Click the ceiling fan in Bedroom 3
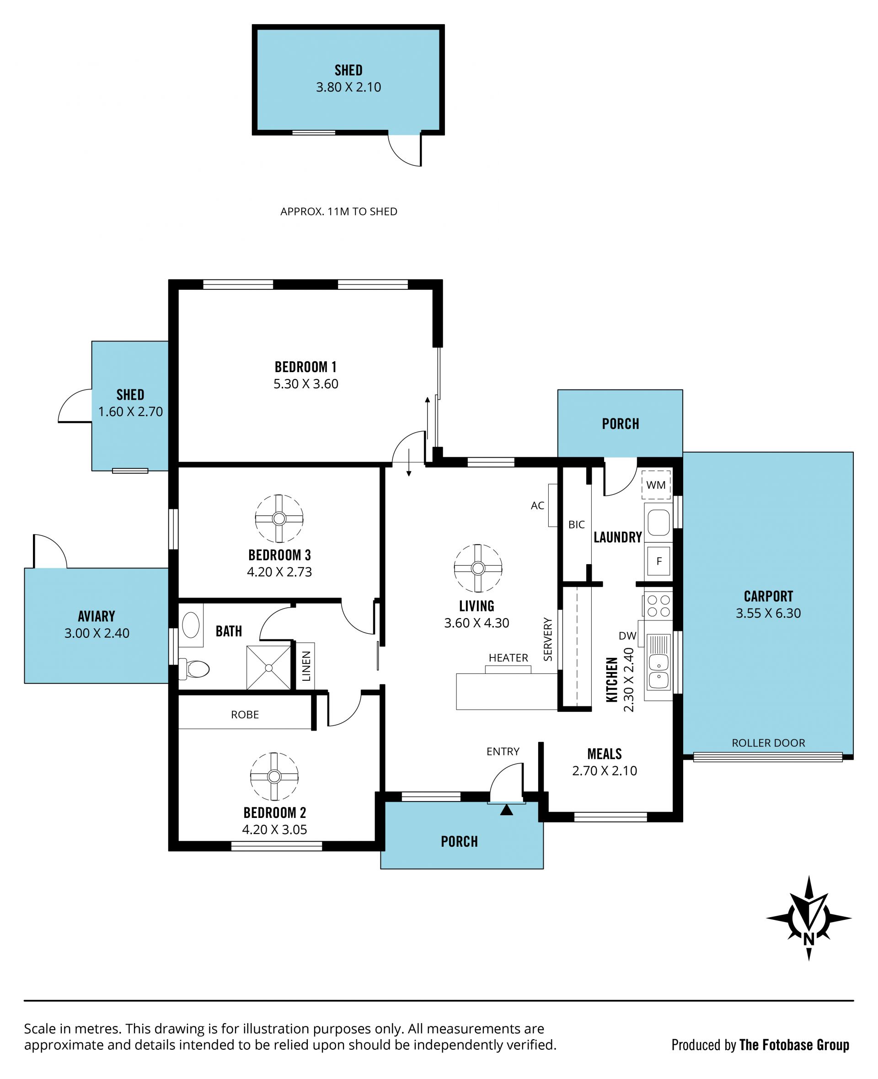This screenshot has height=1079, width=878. click(x=279, y=519)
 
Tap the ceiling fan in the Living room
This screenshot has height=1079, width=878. click(x=478, y=568)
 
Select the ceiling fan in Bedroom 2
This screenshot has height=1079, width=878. click(x=274, y=776)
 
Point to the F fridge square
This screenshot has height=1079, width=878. click(x=658, y=561)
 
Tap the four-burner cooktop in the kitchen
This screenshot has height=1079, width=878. click(x=658, y=606)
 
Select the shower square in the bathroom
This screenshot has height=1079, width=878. click(x=268, y=668)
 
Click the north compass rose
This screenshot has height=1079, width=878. click(x=808, y=918)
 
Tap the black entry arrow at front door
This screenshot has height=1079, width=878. click(x=507, y=810)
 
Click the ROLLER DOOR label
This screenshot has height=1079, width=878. click(x=768, y=743)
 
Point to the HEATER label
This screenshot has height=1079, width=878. click(x=509, y=658)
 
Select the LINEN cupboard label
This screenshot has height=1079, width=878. click(x=306, y=666)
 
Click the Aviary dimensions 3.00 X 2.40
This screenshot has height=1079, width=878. click(x=96, y=633)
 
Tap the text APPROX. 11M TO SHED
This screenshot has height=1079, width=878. click(x=339, y=211)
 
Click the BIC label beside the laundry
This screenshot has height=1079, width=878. click(x=577, y=524)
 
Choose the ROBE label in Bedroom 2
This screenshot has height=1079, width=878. click(x=245, y=715)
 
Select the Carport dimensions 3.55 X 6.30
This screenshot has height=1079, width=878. click(x=768, y=613)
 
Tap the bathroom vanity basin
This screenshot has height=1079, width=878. click(x=191, y=625)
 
